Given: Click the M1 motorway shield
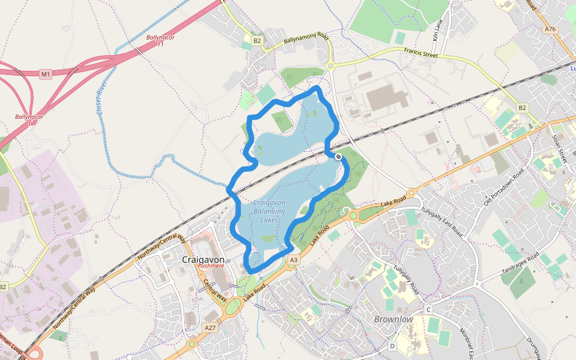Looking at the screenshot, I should (x=46, y=74).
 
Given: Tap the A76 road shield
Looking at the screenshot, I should (x=550, y=29).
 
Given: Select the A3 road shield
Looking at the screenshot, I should (x=293, y=260).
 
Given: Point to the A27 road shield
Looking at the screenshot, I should (x=210, y=328).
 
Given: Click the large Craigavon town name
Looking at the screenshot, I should (x=203, y=260).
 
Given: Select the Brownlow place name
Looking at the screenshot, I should (x=394, y=319).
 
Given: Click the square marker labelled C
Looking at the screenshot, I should (x=428, y=310).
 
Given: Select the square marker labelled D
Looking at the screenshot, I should (x=392, y=346).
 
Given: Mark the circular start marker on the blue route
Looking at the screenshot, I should (x=338, y=157).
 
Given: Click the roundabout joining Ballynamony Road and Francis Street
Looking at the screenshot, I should (x=330, y=65).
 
